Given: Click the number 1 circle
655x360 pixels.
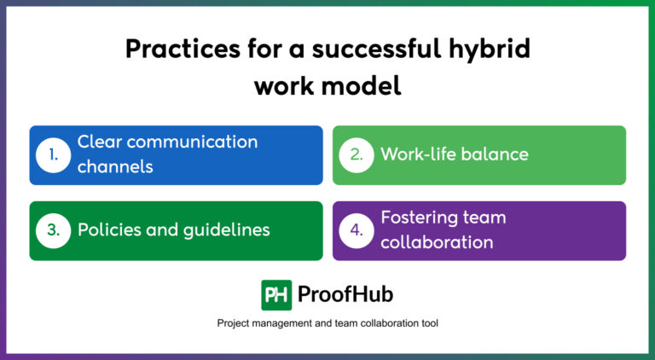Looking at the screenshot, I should [x=53, y=155].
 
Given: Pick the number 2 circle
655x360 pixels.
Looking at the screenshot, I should [x=356, y=155].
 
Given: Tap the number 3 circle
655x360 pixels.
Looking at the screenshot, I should [x=53, y=230].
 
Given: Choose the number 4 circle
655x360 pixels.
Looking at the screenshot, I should [x=356, y=230].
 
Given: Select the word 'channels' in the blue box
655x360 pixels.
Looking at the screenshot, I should [x=115, y=166].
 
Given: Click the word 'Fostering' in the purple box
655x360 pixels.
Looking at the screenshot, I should [x=420, y=218].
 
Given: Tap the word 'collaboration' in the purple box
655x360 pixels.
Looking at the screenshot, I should [x=437, y=242].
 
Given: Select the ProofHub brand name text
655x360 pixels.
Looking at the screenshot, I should [x=345, y=295].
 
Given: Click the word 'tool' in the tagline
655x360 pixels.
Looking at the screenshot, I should [x=426, y=324].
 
